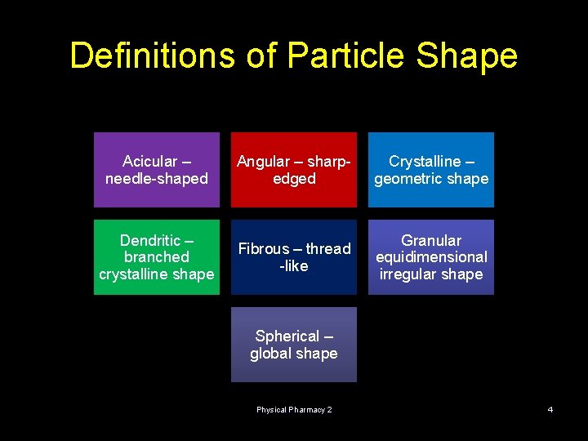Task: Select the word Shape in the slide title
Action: point(466,56)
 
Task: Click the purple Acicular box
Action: point(157,170)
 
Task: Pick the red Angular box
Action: point(294,170)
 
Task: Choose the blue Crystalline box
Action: point(431,170)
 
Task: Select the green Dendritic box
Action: point(157,257)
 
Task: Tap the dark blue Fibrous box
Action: point(294,257)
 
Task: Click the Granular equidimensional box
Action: point(431,257)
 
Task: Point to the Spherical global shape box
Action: point(294,345)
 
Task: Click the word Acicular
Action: point(149,162)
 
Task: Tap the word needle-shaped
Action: point(157,179)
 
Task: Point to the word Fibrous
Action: point(264,249)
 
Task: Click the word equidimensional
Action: point(431,257)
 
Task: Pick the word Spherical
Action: point(287,336)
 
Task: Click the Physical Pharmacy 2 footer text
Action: point(294,409)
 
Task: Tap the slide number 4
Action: point(550,409)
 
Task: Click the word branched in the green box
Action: point(157,257)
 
